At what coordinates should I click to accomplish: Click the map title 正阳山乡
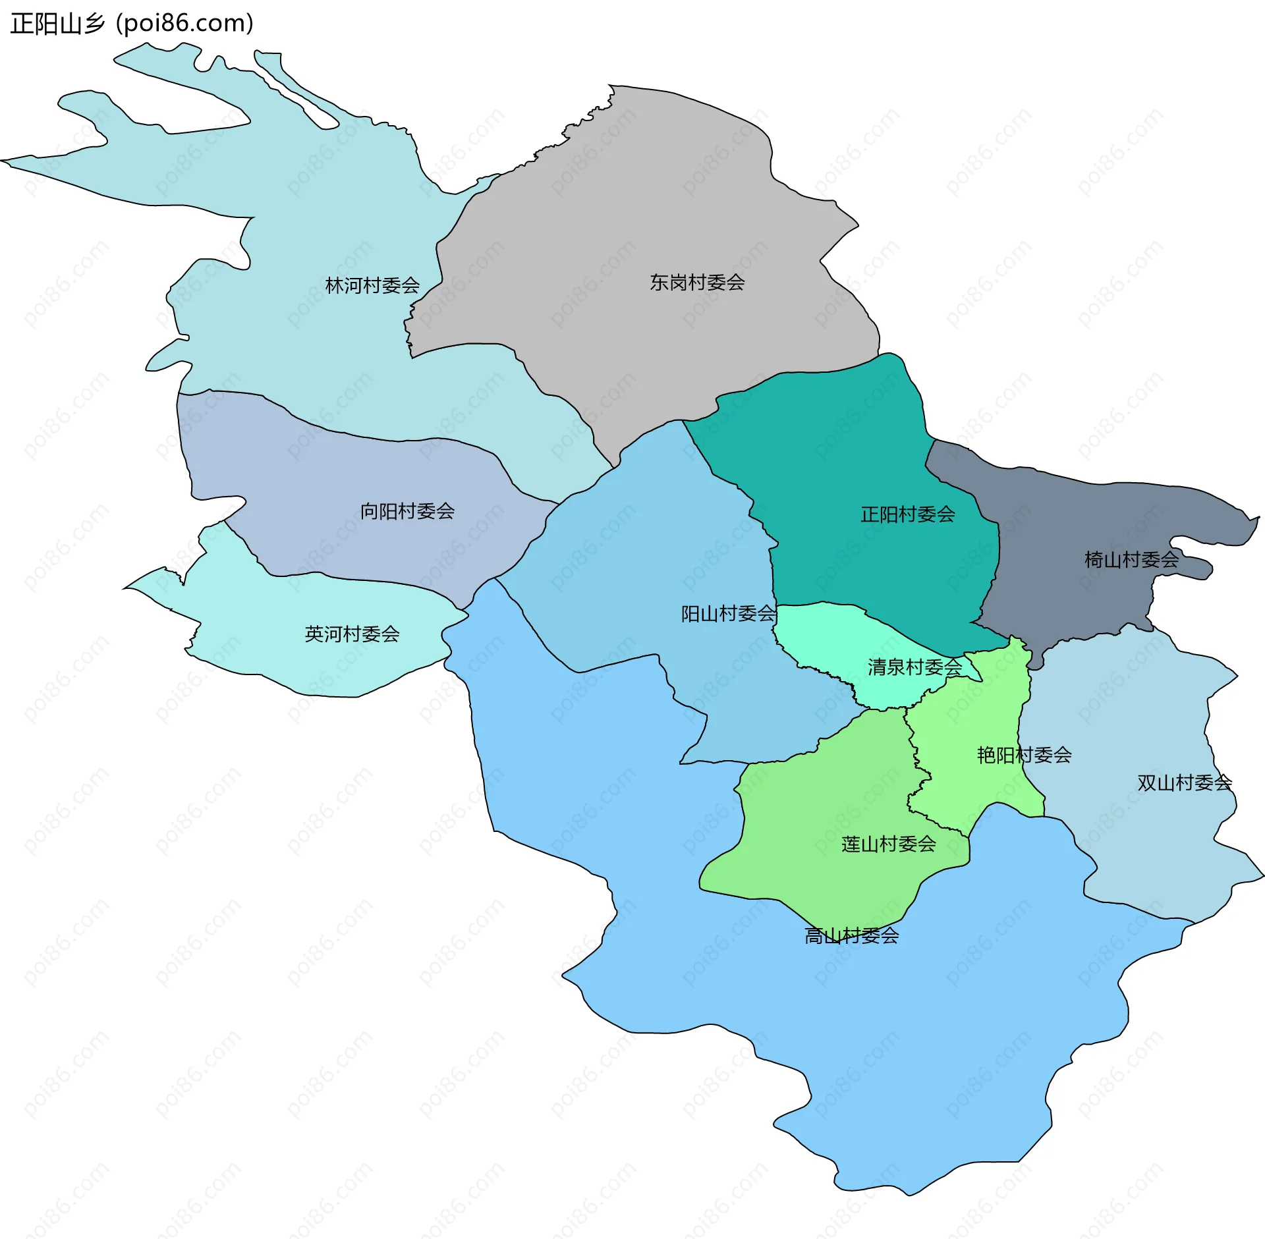(58, 24)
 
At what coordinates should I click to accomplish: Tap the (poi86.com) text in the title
(184, 24)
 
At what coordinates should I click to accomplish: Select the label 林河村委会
(372, 285)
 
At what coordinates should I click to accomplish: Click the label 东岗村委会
(697, 282)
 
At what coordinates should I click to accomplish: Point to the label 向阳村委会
(407, 510)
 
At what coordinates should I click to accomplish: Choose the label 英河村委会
(352, 634)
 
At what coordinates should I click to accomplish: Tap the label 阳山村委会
(728, 613)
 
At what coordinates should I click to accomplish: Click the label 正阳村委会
(907, 514)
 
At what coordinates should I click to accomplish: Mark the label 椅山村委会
(1131, 559)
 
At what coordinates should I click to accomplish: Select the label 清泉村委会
(914, 667)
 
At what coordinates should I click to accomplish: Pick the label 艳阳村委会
(1024, 754)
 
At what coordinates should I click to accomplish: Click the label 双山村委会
(1185, 783)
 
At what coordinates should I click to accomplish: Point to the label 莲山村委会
(888, 844)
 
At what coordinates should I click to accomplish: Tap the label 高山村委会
(851, 935)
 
